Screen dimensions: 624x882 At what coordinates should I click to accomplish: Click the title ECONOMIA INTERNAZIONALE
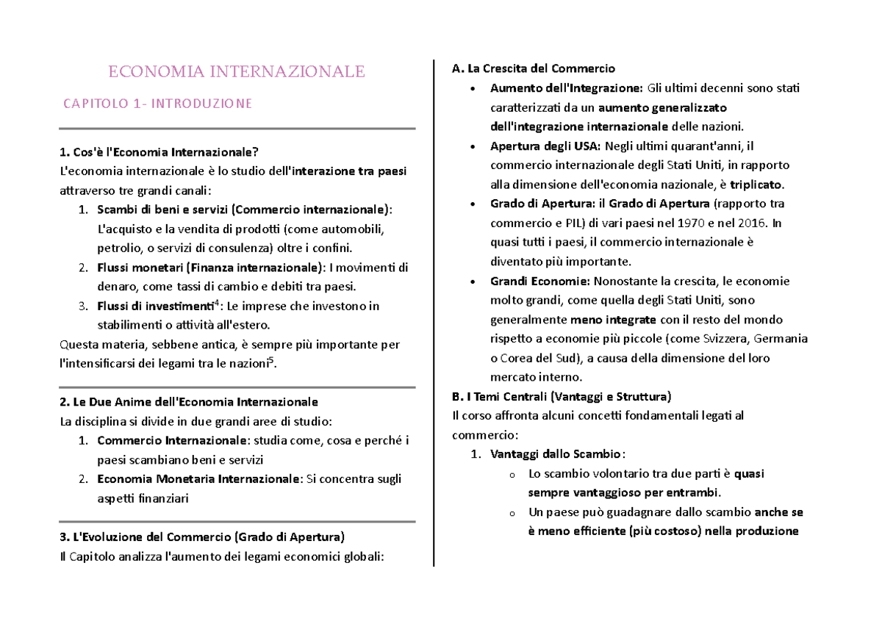pos(237,71)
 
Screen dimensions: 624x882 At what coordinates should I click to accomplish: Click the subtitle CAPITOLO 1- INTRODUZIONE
pos(157,104)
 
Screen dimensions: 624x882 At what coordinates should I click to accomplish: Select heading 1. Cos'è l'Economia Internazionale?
pos(159,153)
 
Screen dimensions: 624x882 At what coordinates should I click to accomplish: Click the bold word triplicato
pos(761,184)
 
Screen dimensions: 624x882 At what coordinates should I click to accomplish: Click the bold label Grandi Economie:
pos(539,281)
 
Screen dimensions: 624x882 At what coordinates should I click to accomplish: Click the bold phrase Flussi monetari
pos(140,267)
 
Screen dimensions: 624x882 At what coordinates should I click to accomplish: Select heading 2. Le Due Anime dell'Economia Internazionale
pos(188,402)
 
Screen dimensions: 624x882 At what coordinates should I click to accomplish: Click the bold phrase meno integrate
pos(613,320)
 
